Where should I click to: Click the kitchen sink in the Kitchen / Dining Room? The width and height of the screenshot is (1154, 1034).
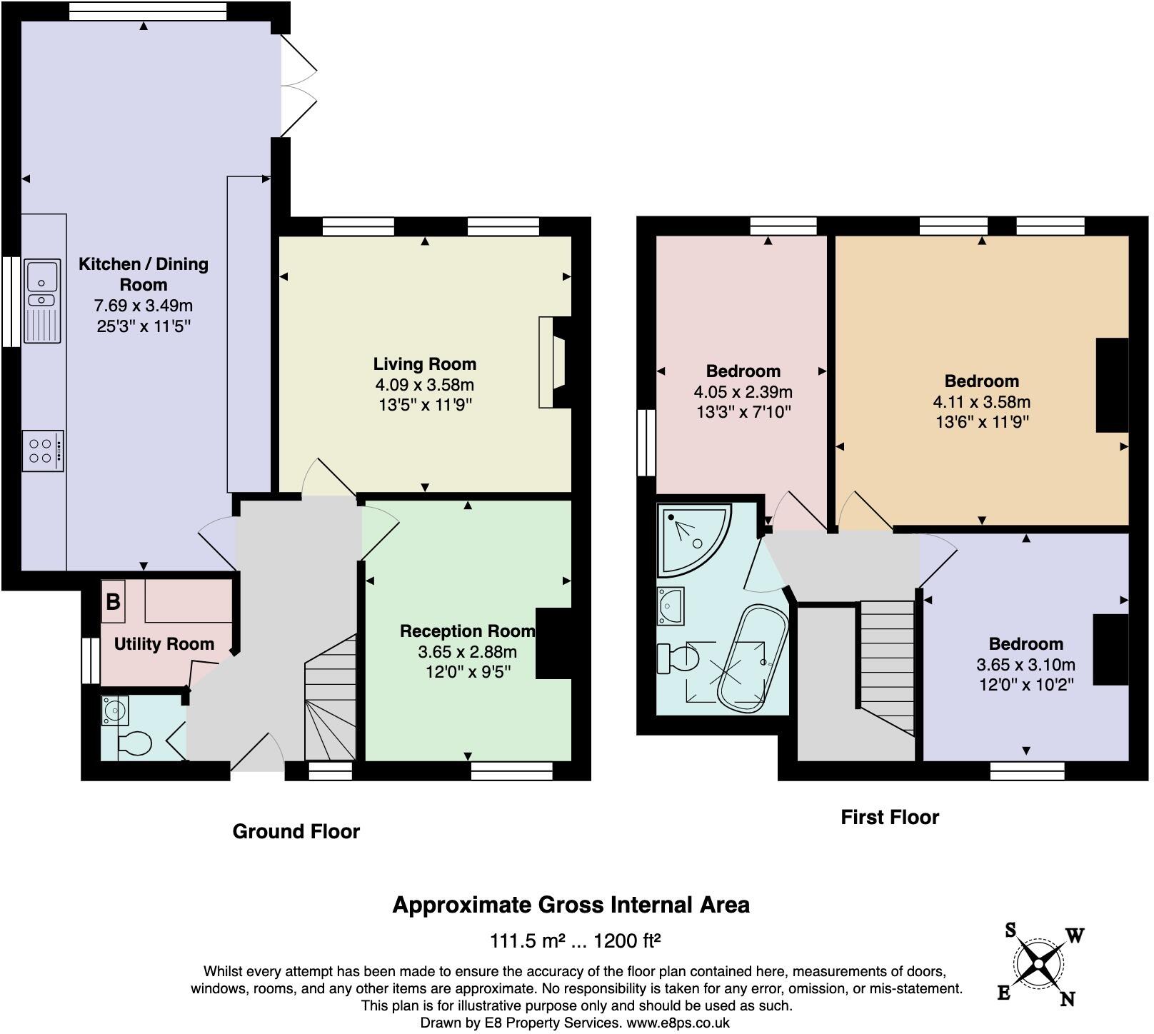(42, 301)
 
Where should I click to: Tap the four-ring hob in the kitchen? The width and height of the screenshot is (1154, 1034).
(43, 450)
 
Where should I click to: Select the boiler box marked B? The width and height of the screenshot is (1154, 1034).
(113, 601)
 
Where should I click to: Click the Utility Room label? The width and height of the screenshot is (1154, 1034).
(164, 644)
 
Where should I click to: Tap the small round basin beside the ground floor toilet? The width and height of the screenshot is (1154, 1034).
(114, 711)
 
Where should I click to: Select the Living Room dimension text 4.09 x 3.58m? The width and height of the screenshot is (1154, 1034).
(425, 385)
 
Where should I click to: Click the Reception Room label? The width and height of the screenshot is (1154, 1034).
(467, 631)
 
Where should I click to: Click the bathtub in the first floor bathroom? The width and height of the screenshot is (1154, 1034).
(753, 655)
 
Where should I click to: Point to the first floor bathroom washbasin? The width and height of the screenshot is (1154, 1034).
(671, 606)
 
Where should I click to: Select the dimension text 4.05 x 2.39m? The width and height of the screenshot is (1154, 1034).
(743, 392)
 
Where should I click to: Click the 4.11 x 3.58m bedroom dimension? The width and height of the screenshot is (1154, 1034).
(981, 402)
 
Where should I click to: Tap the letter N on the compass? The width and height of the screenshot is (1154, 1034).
(1068, 998)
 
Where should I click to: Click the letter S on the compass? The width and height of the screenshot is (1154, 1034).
(1010, 929)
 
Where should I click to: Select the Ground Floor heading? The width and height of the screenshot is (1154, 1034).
(296, 831)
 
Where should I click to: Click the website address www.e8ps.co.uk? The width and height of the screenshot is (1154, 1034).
(678, 1023)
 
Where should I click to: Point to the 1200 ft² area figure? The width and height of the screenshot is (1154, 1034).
(627, 940)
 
